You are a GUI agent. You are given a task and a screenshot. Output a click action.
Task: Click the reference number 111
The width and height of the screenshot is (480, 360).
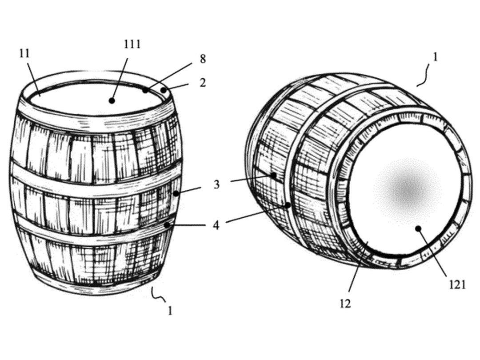[x=132, y=44]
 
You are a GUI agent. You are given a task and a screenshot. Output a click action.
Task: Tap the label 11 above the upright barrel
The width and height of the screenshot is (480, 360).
[x=24, y=53]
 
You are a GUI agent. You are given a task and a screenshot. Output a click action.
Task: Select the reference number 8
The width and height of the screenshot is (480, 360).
[x=203, y=59]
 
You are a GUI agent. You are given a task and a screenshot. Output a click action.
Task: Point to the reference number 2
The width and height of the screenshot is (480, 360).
[x=203, y=82]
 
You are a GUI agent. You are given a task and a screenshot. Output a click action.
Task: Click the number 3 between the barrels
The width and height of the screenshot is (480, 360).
[x=217, y=184]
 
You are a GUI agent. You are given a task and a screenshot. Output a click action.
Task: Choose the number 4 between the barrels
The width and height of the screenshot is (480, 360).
[x=216, y=226]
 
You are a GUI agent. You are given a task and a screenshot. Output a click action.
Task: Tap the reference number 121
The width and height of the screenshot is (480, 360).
[x=457, y=285]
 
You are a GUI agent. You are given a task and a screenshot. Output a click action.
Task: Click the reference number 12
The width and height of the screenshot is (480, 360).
[x=345, y=304]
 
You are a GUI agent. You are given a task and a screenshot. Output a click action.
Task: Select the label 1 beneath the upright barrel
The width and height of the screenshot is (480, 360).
[x=170, y=311]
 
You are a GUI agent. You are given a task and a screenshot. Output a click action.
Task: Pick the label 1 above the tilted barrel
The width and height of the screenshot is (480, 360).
[x=435, y=57]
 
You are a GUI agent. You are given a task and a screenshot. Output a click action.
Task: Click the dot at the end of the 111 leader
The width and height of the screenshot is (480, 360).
[x=112, y=100]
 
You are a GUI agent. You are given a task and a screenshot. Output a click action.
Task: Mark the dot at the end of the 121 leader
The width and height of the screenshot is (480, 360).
[x=418, y=228]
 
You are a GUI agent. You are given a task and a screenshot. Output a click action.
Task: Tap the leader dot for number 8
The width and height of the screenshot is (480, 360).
[x=145, y=90]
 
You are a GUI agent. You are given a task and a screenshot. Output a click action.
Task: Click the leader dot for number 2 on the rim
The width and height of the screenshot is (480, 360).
[x=164, y=90]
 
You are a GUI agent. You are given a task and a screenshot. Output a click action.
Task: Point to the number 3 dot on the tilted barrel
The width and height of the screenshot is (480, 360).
[x=274, y=176]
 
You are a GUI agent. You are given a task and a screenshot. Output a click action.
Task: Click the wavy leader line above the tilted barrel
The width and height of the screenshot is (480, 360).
[x=426, y=76]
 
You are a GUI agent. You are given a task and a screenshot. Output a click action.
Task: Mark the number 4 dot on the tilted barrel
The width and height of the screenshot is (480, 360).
[x=288, y=205]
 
